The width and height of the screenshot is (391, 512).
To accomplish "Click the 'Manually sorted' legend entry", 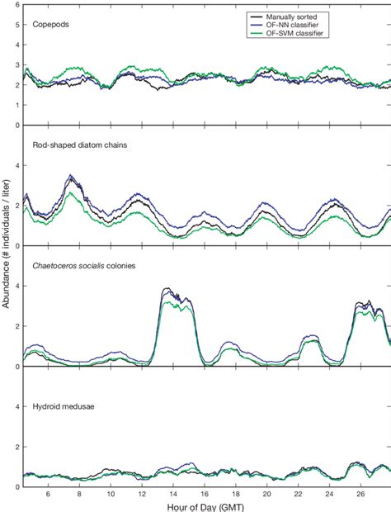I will pyautogui.click(x=293, y=15).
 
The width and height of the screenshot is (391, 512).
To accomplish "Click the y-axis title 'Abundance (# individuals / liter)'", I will pyautogui.click(x=7, y=246).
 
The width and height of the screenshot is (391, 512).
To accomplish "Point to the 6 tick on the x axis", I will pyautogui.click(x=48, y=494).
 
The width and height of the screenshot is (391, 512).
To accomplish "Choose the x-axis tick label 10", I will pyautogui.click(x=111, y=494).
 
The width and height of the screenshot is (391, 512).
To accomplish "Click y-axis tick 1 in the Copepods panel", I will pyautogui.click(x=16, y=106).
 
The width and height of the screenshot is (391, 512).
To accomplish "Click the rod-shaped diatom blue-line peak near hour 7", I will pyautogui.click(x=71, y=175).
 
